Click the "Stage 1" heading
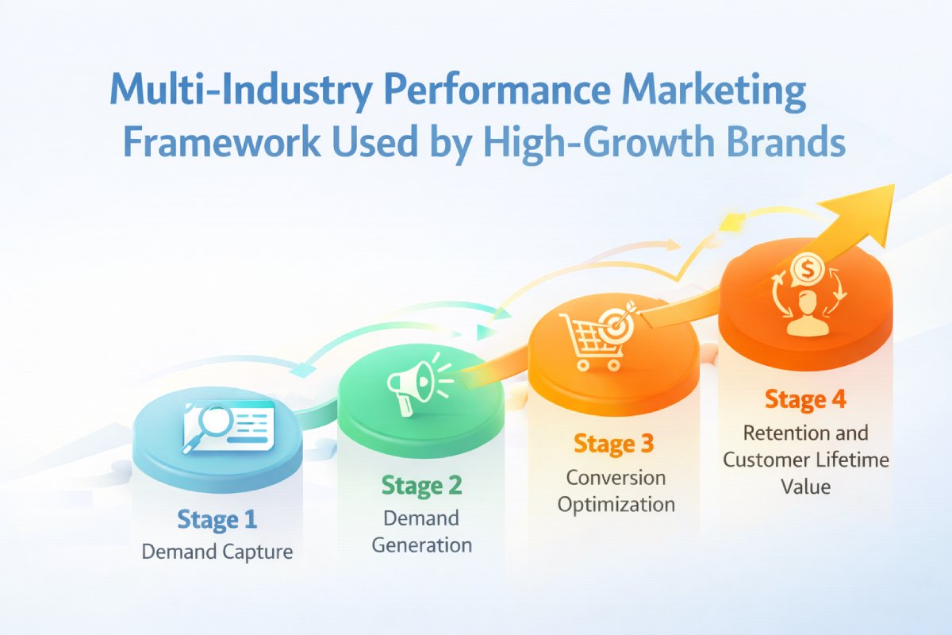click(217, 521)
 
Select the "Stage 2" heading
click(421, 485)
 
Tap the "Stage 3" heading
click(614, 444)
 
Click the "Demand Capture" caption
click(217, 552)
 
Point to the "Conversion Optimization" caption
click(616, 491)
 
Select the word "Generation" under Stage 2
click(421, 545)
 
